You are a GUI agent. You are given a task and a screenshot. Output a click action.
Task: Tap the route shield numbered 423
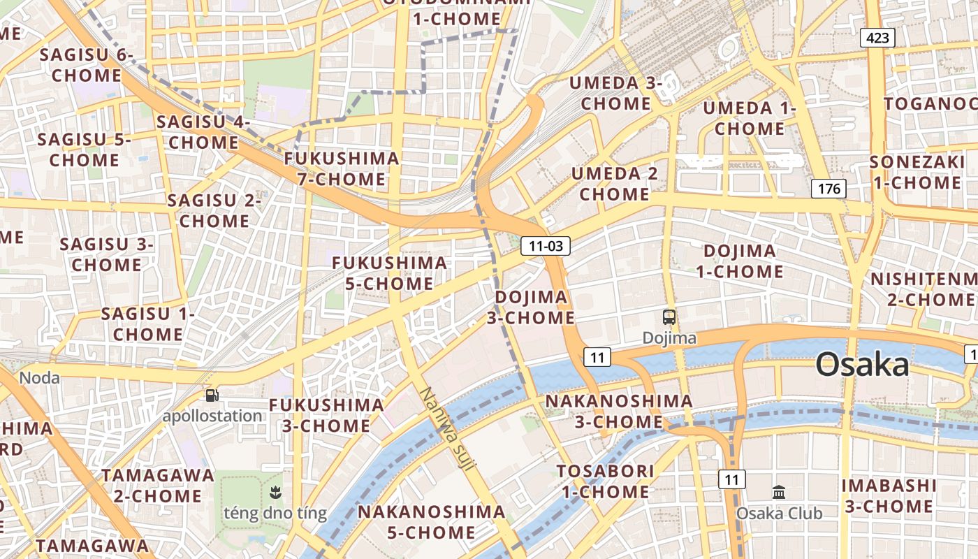tap(877, 37)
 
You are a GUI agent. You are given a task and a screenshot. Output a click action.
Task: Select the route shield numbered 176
tap(829, 188)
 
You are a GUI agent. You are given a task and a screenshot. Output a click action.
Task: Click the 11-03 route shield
tap(546, 245)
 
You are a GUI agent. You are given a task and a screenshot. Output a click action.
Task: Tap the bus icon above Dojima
tap(669, 317)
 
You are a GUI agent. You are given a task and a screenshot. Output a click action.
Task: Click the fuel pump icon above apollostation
tap(212, 395)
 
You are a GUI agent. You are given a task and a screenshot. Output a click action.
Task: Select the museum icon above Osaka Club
tap(779, 492)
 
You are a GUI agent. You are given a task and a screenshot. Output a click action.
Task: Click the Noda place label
tap(39, 378)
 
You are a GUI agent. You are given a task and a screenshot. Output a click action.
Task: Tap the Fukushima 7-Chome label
tap(342, 168)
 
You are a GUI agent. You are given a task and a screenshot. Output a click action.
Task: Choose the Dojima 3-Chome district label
tap(531, 307)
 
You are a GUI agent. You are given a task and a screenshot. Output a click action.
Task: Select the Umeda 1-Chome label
tap(749, 118)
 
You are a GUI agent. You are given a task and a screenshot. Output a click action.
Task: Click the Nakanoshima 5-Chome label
tap(431, 521)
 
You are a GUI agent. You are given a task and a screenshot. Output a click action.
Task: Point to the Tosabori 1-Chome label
tap(605, 481)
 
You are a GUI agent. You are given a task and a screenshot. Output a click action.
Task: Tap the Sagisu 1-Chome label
tap(147, 324)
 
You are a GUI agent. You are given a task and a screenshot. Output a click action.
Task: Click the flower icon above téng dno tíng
tap(275, 493)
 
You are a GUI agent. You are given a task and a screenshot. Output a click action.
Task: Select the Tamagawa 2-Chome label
tap(157, 486)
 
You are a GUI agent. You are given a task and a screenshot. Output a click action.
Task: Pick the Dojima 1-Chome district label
tap(739, 261)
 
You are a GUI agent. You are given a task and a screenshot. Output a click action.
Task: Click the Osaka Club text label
tap(779, 514)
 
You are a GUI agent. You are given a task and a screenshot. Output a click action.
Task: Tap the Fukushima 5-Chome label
tap(389, 273)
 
